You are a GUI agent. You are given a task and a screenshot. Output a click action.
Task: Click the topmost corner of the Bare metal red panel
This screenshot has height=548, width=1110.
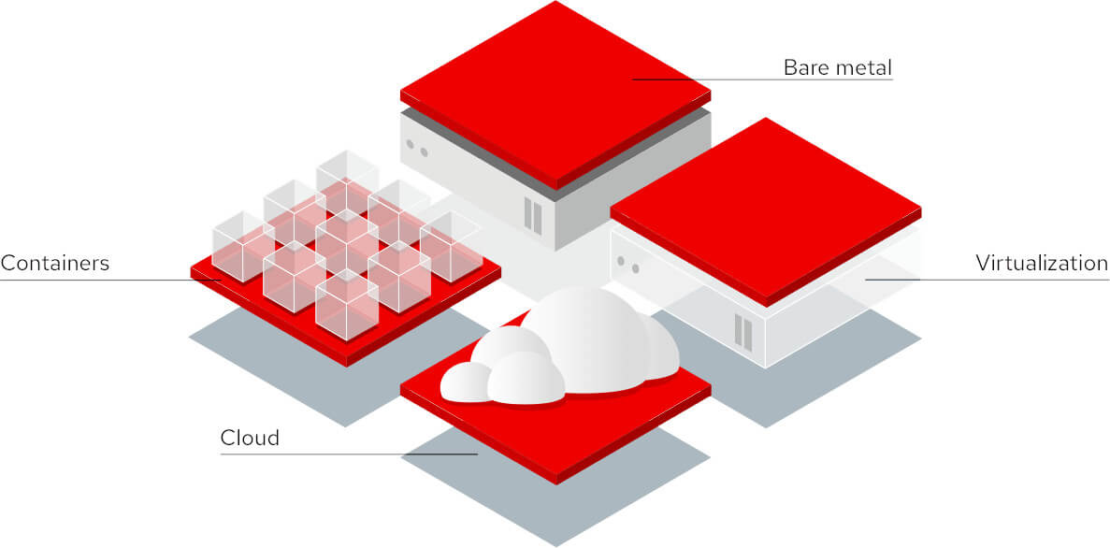click(555, 2)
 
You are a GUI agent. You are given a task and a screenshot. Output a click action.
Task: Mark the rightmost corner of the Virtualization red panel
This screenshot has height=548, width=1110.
click(921, 209)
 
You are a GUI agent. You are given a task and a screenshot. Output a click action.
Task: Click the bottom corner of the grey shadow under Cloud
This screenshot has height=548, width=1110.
click(555, 546)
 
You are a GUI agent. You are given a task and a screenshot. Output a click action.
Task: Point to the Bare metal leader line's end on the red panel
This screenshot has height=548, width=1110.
click(632, 79)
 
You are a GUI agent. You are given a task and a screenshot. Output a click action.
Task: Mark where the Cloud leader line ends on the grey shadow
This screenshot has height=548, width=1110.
click(478, 454)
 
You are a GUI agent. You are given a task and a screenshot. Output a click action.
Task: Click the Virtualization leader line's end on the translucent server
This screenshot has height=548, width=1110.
click(866, 280)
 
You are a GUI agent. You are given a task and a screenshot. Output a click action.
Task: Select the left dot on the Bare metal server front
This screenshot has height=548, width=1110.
click(410, 144)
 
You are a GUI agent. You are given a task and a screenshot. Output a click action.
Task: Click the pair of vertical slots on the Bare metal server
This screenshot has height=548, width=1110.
click(532, 216)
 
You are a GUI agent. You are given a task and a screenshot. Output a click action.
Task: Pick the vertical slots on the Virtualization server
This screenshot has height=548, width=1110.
click(742, 332)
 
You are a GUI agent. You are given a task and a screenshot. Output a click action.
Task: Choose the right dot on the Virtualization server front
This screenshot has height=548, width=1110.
click(636, 268)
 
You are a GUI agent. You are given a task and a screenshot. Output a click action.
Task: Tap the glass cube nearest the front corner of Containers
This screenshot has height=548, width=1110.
click(346, 305)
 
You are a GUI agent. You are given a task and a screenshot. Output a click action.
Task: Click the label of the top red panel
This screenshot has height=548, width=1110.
click(838, 68)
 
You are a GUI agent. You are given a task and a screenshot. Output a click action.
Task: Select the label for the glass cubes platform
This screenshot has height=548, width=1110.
click(54, 264)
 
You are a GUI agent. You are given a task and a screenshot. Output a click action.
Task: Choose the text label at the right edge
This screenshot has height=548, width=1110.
click(1042, 264)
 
